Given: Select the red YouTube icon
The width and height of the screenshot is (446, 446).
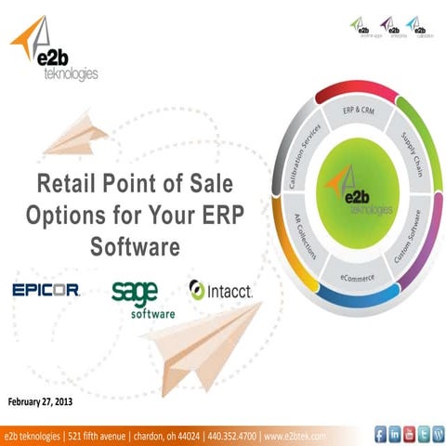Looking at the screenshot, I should [x=409, y=433].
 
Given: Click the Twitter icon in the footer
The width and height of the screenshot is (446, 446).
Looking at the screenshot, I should [x=423, y=433].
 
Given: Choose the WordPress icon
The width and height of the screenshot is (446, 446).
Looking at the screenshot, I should [x=437, y=433].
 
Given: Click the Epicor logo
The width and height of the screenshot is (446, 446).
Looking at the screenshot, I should [x=46, y=291].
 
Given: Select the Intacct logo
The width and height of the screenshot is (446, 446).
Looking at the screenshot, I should [x=220, y=290].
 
